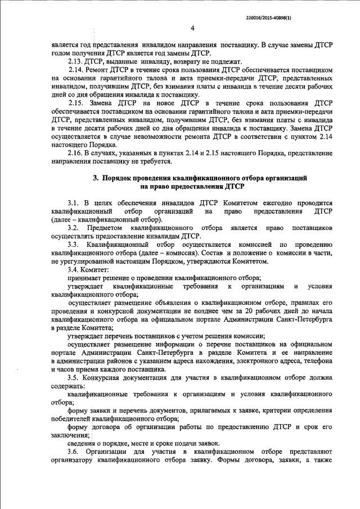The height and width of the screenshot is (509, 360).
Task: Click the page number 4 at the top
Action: point(192,28)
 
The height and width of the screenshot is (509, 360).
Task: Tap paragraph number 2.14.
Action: point(75,70)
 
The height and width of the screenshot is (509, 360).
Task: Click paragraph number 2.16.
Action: point(75,154)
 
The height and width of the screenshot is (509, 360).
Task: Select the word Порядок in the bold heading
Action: point(116,178)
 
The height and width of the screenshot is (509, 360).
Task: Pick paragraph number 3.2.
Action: point(73,228)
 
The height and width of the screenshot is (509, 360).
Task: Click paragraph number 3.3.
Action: point(73,245)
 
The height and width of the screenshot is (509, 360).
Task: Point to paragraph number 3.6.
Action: point(73,452)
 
